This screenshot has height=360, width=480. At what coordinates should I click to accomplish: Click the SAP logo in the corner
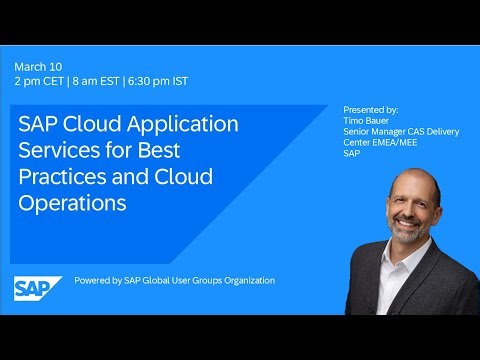[x=37, y=288]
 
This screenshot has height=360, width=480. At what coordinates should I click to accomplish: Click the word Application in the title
[x=183, y=127]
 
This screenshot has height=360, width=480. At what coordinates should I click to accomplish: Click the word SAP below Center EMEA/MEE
[x=352, y=154]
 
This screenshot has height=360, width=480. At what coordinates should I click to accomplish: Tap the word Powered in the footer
[x=92, y=281]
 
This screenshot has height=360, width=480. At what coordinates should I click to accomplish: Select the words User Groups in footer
[x=191, y=281]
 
